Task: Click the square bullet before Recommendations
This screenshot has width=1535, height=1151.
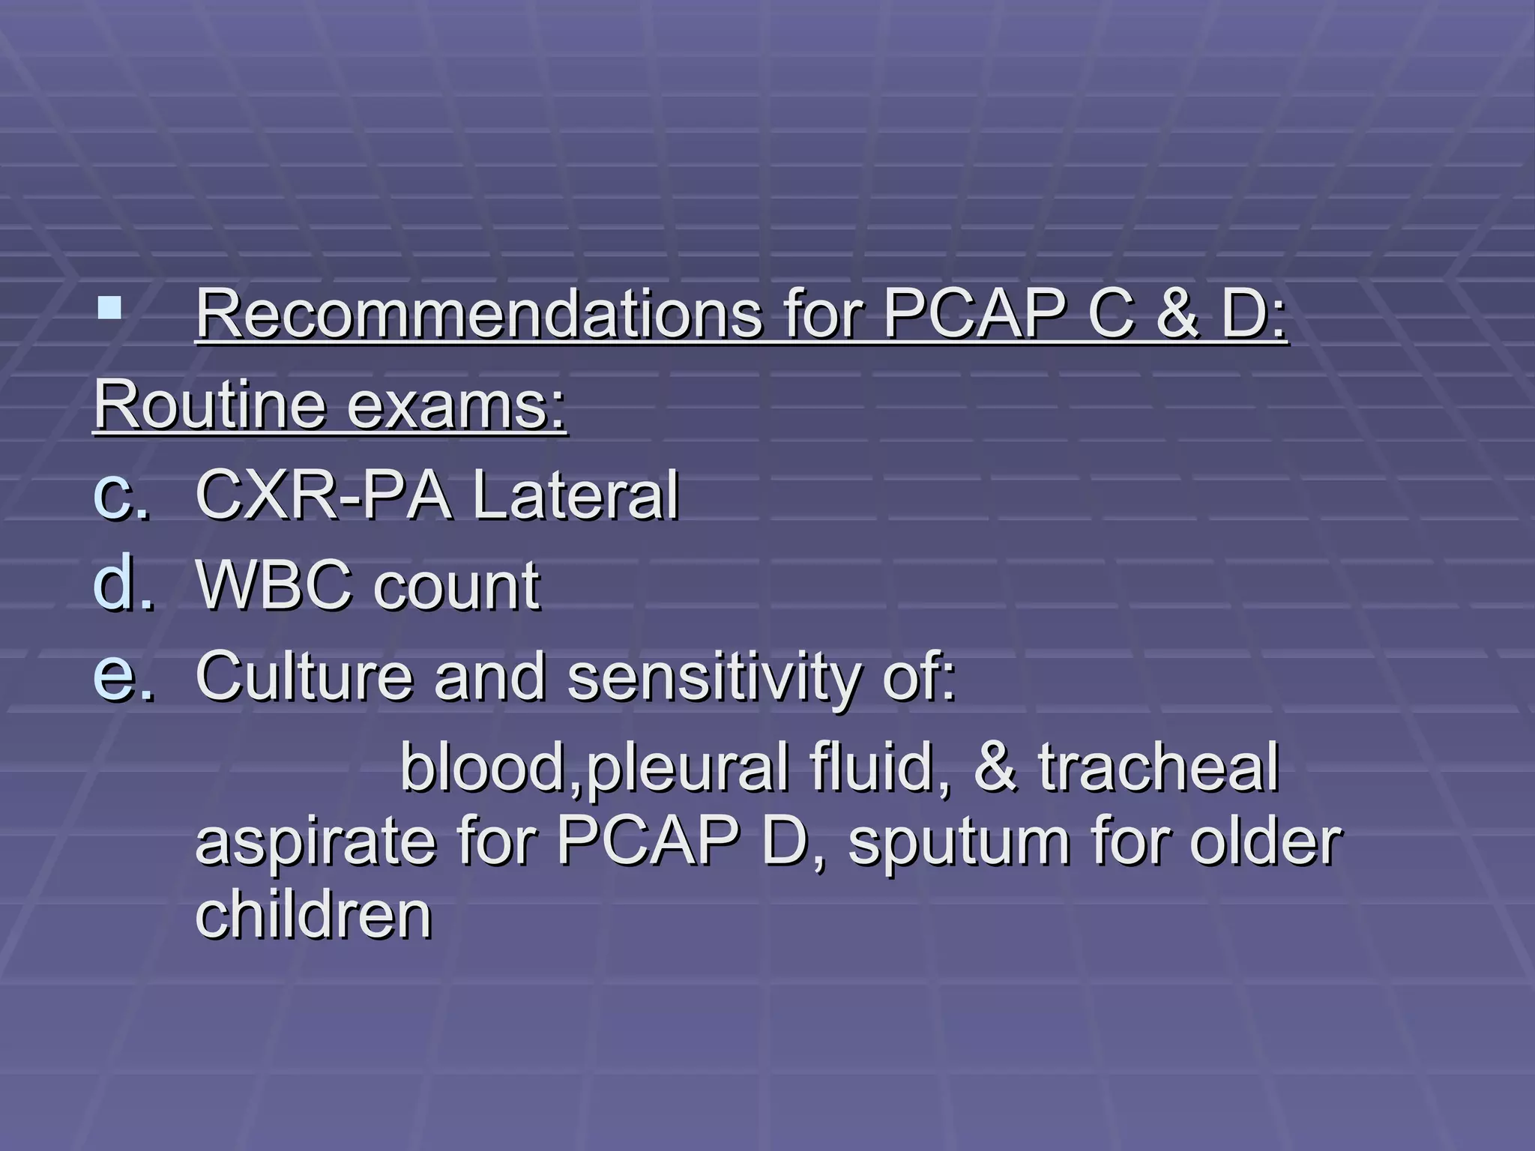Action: click(109, 308)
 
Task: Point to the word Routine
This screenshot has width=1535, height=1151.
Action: click(210, 405)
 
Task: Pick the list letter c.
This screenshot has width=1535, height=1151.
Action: click(120, 494)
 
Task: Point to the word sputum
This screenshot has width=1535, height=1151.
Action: click(959, 843)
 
